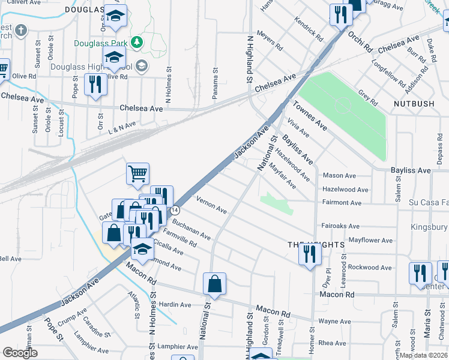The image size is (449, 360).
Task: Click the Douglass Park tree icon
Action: pos(137,42)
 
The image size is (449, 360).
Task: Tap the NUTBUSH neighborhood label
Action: pos(414,104)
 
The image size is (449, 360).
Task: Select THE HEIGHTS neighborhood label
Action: pos(315,245)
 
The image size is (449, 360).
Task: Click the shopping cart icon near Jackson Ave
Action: pos(137,174)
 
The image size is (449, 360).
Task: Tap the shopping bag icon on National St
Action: pos(214,284)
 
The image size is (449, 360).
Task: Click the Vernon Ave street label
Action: pos(211,205)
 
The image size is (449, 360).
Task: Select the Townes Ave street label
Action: pos(310,116)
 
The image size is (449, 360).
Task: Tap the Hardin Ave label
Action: pos(174,305)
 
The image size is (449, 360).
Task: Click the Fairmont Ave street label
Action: pos(342,203)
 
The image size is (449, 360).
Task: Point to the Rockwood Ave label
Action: pos(370,267)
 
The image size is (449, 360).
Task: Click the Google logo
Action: pos(20,353)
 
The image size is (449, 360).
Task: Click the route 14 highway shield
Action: pos(175,211)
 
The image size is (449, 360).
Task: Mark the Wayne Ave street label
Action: pos(334,322)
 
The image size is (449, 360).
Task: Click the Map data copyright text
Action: pos(423,355)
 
